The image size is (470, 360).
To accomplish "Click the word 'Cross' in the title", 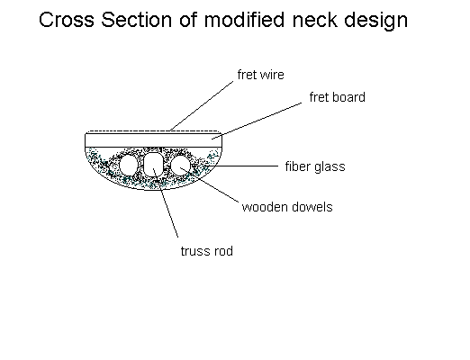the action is coord(67,20).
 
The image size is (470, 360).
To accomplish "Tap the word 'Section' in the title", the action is coord(137,20).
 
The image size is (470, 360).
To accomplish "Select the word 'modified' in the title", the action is coord(244,20).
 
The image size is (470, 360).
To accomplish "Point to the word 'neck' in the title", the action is coord(315,20).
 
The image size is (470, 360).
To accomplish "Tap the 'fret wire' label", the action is coord(260,75).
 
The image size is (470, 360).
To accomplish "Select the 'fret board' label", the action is coord(338,97).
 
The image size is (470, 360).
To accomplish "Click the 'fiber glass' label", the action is coord(315,166).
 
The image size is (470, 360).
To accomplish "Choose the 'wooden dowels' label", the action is coord(287,207).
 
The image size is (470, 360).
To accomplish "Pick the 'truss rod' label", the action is coord(207,251).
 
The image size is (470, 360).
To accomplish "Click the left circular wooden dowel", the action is coord(128,165).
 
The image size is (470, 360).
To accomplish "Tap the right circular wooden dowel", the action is coord(180,165).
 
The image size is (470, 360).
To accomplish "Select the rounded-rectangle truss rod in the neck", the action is coord(154,165).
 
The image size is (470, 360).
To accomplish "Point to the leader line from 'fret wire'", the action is coord(202,105).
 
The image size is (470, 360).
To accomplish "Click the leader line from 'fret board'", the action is coord(257,121).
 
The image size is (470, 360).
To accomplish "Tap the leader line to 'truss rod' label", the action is coord(166,202).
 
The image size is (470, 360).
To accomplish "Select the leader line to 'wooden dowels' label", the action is coord(209,184).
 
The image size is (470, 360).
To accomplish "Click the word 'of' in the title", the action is coord(188,20).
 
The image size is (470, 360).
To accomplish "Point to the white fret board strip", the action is coord(154,140).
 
